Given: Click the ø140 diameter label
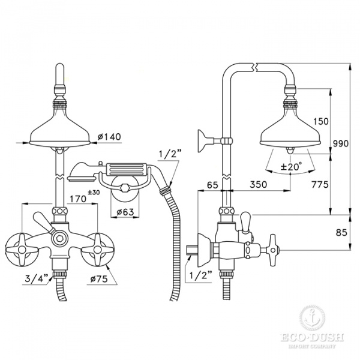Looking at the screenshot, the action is [x=109, y=137].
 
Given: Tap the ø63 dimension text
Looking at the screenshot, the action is [x=125, y=212].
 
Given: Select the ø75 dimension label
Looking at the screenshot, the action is [x=99, y=279].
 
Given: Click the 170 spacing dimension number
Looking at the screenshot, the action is [x=78, y=199].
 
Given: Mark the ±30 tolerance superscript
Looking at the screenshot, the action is [x=94, y=192].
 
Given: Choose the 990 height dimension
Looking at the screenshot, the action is [x=341, y=144].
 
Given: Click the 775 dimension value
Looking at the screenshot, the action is [x=320, y=184].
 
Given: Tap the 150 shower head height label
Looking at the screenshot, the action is [x=320, y=121].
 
